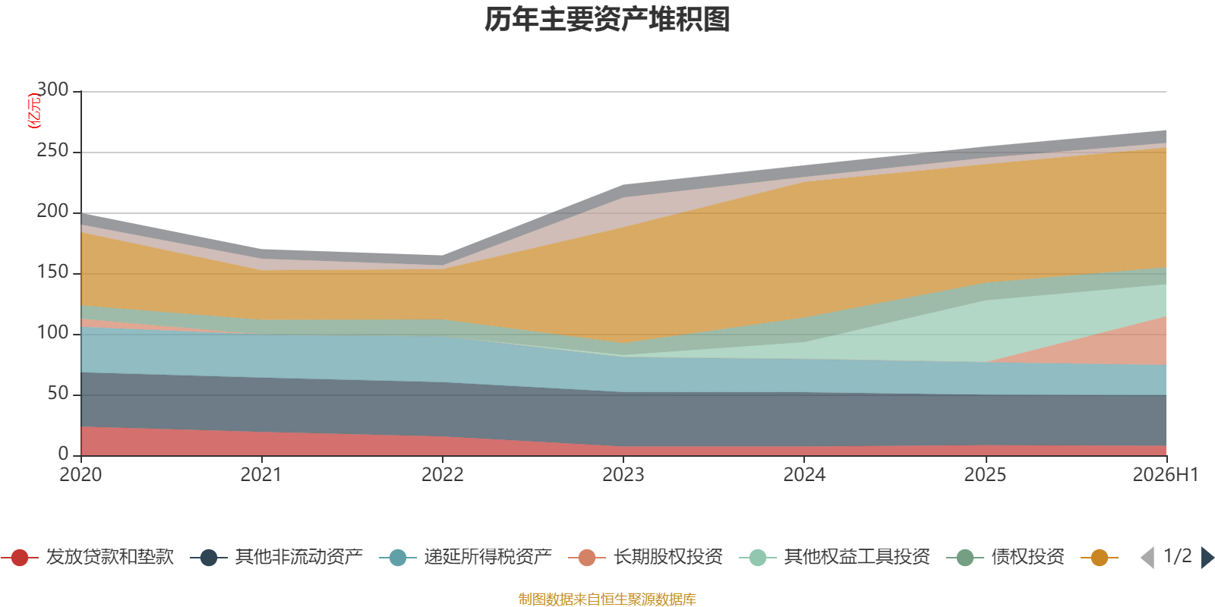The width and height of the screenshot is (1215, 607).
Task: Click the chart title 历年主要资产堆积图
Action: (607, 20)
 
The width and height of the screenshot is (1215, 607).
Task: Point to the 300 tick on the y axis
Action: (52, 90)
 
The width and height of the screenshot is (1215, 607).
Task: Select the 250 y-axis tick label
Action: (52, 150)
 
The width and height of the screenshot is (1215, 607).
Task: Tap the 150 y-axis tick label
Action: (52, 272)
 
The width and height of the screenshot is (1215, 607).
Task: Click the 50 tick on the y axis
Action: (58, 393)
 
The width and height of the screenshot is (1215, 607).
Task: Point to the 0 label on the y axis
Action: (64, 454)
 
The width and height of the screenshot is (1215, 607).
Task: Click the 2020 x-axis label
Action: (80, 475)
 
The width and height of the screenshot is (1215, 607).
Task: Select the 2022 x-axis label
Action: (443, 475)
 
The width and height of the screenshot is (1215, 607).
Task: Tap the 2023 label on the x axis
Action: (623, 475)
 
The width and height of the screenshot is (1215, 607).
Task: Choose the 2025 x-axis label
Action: (985, 475)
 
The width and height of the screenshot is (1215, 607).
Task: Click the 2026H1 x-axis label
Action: (1165, 475)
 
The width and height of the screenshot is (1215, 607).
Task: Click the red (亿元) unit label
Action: (34, 111)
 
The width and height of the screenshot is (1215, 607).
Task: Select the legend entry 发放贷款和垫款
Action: (87, 557)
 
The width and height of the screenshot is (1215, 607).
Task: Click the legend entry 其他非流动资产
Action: (276, 557)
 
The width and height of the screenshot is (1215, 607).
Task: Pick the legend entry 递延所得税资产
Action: (465, 557)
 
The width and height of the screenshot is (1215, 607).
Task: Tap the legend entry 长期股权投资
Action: (645, 557)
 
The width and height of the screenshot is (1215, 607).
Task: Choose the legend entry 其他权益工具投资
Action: (835, 557)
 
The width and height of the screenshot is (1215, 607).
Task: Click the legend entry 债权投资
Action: (1005, 557)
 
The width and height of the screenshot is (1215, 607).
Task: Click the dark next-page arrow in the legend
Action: (1207, 557)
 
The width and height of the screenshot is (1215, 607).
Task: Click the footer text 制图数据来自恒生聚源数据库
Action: (607, 599)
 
